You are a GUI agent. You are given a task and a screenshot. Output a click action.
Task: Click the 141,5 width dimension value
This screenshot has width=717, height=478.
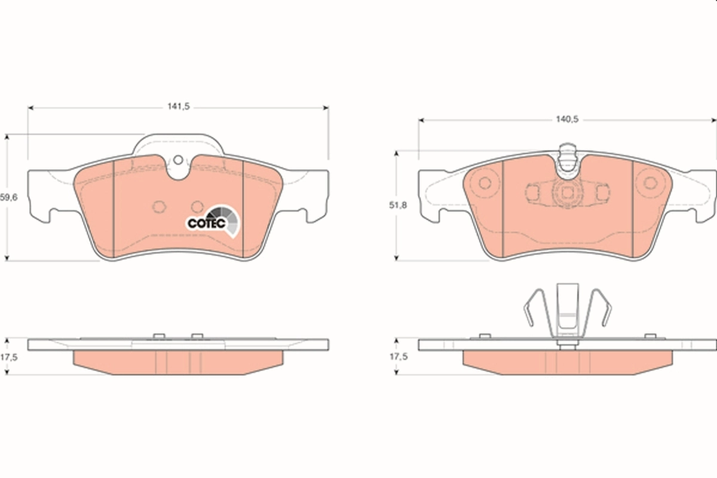coord(178,106)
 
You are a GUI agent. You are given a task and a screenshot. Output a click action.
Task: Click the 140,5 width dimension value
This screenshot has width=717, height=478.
coord(567,119)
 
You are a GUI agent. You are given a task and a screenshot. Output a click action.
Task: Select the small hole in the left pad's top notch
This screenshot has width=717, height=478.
coord(177,160)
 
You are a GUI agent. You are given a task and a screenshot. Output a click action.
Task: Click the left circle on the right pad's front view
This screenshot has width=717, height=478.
coord(486,183)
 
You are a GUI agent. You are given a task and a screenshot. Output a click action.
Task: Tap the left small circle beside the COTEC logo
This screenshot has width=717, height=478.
coord(159,207)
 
